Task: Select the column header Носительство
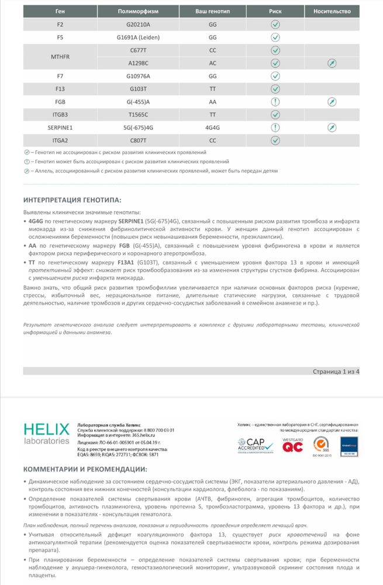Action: point(332,11)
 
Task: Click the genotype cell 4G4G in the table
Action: point(212,127)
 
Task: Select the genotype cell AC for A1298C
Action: point(212,63)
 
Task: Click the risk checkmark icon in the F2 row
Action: point(275,25)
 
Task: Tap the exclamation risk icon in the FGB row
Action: point(275,101)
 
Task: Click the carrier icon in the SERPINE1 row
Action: point(332,127)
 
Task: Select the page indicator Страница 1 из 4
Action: point(336,370)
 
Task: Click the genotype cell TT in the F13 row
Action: point(212,89)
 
